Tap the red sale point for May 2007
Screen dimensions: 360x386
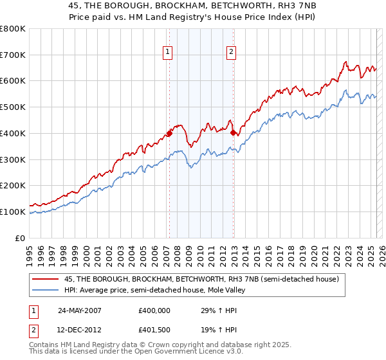click(x=169, y=134)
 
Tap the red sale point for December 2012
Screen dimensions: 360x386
click(x=233, y=134)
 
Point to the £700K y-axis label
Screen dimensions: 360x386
click(x=13, y=55)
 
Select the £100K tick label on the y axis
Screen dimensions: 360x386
click(x=13, y=212)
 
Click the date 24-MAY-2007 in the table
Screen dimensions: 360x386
click(x=80, y=310)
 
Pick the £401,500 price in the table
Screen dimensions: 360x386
click(x=154, y=329)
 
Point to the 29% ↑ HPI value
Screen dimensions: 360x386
click(x=216, y=310)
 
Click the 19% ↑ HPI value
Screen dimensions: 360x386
click(x=216, y=329)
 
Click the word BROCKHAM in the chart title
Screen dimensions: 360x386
click(x=157, y=5)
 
